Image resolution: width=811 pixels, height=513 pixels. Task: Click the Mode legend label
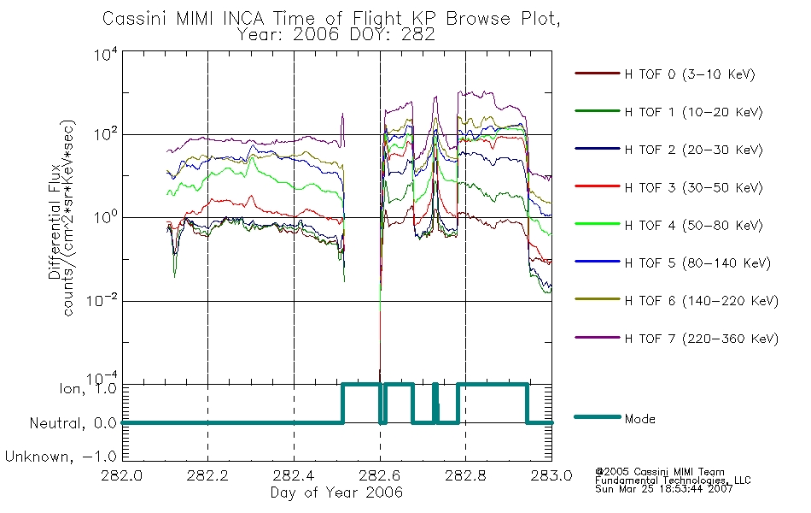tap(639, 419)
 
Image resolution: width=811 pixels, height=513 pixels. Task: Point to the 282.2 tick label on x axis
tap(207, 475)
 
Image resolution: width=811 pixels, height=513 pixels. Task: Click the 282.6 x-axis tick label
tap(380, 475)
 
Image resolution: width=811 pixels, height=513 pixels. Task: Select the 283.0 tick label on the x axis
tap(551, 475)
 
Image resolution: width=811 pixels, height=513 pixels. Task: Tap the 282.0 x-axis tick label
tap(121, 475)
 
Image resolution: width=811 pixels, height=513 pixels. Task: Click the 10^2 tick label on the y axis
tap(106, 134)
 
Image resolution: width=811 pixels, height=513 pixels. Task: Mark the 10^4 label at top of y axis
tap(106, 55)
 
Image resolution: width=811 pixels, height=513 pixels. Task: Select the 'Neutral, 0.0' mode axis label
tap(73, 423)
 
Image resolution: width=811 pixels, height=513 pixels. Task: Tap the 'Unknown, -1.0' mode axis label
tap(61, 457)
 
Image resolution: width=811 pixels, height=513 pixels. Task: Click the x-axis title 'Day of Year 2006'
tap(336, 492)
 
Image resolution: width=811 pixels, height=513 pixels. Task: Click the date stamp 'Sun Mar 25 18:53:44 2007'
tap(663, 489)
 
